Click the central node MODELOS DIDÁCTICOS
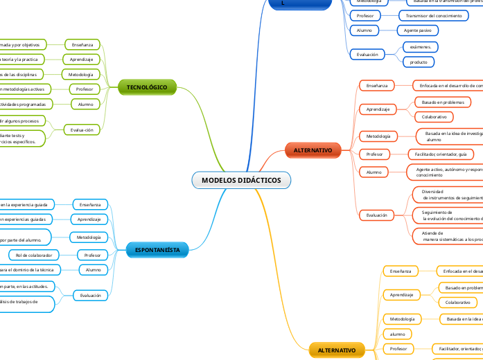point(241,180)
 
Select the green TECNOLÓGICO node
point(147,87)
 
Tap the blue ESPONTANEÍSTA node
point(157,249)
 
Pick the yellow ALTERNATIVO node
point(336,351)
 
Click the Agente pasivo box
point(418,30)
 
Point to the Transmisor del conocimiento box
point(434,15)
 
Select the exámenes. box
point(420,47)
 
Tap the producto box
point(419,62)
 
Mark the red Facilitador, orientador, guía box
point(441,154)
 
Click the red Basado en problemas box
point(443,102)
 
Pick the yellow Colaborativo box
point(457,303)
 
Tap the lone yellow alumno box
point(397,334)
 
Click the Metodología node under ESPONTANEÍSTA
point(89,237)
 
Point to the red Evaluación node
point(377,215)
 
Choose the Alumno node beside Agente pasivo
point(365,30)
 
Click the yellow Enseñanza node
point(400,271)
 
